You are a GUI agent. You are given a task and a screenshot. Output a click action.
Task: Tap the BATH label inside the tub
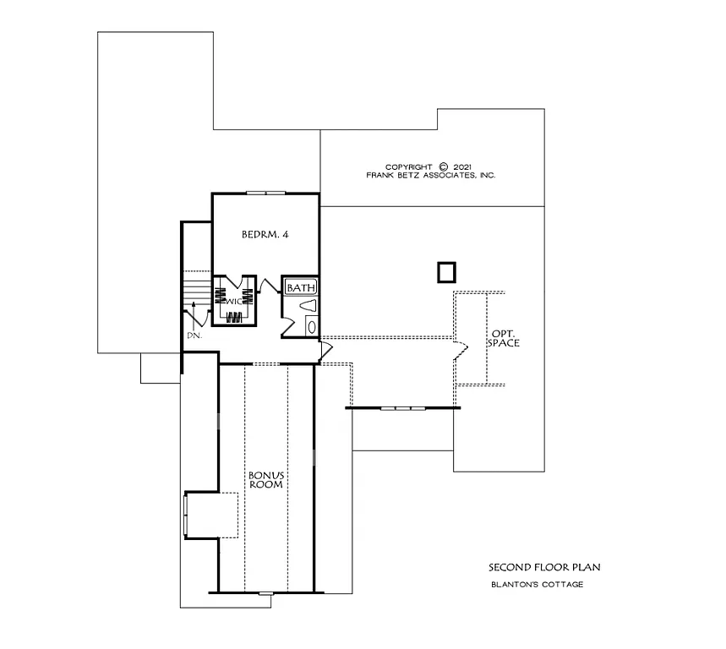coord(300,287)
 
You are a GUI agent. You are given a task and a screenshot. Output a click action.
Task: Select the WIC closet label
coord(232,298)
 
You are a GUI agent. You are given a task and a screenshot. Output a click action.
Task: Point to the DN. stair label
coord(194,335)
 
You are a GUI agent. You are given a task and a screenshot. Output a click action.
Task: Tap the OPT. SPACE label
coord(505,338)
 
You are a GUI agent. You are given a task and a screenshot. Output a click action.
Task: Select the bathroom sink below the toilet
coord(309,326)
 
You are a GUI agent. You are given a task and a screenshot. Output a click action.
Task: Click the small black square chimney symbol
coord(446,272)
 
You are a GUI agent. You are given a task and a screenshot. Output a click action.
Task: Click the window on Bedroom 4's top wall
coord(265,194)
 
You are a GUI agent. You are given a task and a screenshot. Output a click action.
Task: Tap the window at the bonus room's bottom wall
coord(265,592)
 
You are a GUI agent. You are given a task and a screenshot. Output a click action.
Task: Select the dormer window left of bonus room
coord(186,514)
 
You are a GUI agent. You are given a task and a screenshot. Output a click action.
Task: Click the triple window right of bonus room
coord(402,408)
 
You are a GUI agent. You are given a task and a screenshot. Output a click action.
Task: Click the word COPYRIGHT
coord(409,167)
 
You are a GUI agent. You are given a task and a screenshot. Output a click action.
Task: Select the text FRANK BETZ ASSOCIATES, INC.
coord(431,176)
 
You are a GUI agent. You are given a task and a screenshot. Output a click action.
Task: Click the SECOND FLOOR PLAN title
coord(532,568)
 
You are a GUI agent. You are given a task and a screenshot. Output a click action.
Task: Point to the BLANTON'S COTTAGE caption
coord(537,585)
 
